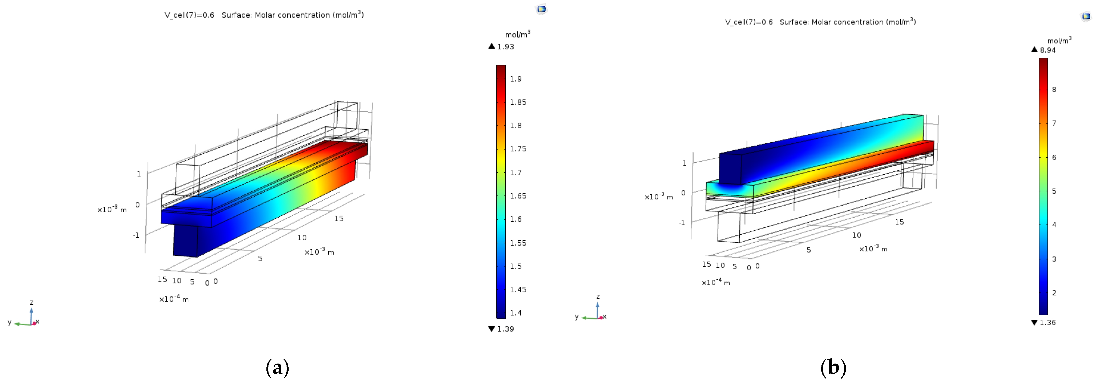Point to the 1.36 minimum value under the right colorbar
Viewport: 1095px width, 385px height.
(x=1048, y=322)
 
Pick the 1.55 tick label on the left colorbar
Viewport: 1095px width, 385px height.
(x=518, y=243)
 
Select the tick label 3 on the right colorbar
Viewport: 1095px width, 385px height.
(x=1054, y=259)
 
